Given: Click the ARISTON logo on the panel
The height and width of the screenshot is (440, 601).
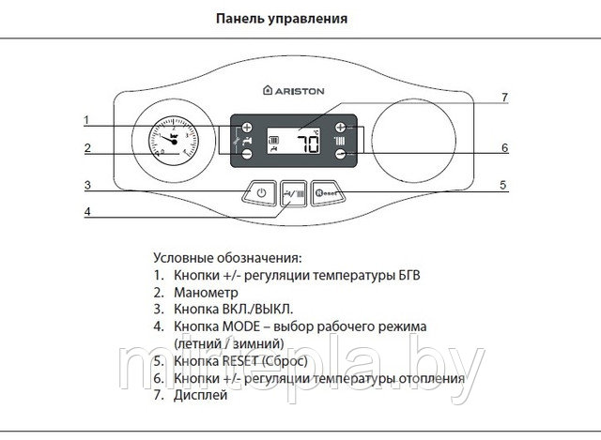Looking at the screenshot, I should (x=296, y=92).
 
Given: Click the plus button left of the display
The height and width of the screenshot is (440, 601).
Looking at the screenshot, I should (x=248, y=127).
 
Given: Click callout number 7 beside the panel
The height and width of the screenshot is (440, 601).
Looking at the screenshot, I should (x=503, y=97).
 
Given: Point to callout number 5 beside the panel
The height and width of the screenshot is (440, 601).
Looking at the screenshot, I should (x=503, y=185).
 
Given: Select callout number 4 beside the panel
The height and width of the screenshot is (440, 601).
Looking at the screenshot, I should (x=87, y=211).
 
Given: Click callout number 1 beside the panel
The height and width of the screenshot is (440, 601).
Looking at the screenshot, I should (x=86, y=119).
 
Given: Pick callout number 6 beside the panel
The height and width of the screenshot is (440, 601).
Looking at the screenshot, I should (x=503, y=147).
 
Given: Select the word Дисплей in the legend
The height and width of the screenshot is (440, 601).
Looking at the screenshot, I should (x=200, y=396).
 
